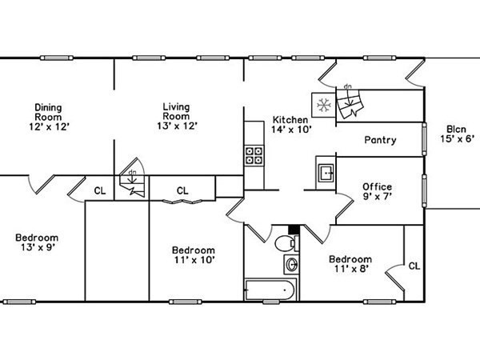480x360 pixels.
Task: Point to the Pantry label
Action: tap(380, 140)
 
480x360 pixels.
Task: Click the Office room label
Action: tap(378, 187)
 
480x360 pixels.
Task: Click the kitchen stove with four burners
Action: tap(254, 154)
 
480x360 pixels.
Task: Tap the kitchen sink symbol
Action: tap(326, 172)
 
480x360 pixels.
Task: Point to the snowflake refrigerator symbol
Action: tap(324, 105)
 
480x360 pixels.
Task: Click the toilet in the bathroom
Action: tap(284, 242)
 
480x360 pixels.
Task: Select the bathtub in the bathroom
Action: tap(270, 290)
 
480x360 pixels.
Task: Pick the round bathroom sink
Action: tap(290, 264)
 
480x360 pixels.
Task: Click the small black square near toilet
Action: tap(293, 229)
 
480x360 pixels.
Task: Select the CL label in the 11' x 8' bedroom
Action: tap(414, 266)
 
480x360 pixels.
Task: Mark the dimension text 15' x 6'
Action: tap(457, 138)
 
